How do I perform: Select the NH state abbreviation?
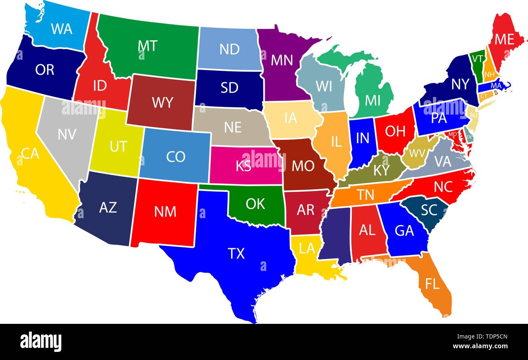coord(489,75)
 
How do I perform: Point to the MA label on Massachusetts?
coord(496,86)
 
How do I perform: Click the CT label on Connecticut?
coord(484,96)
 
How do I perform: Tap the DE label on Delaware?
coord(470,137)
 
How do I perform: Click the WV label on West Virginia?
coord(417,153)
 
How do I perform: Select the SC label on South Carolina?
coord(429,210)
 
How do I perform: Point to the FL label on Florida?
coord(432,284)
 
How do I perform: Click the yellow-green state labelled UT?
coord(118,146)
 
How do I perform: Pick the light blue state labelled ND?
coord(229,49)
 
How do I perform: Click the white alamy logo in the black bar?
coord(41,341)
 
